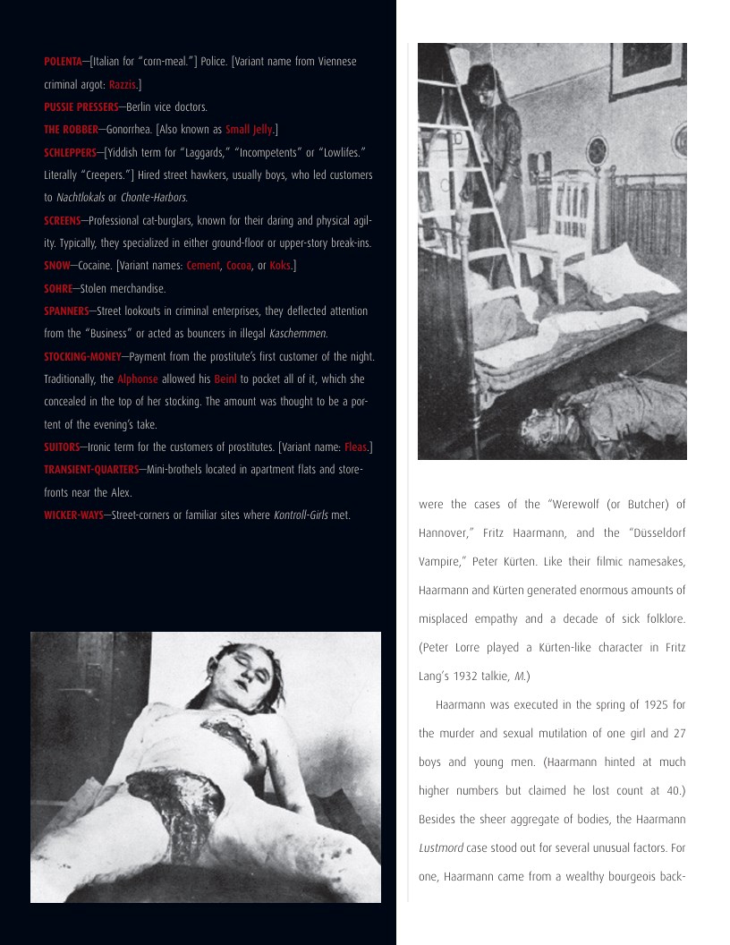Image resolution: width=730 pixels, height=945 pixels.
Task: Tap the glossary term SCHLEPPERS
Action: click(x=71, y=152)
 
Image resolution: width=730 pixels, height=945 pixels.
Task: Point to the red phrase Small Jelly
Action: click(x=249, y=130)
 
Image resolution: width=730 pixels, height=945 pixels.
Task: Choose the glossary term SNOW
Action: click(x=56, y=266)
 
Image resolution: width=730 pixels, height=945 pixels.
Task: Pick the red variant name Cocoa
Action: click(x=238, y=266)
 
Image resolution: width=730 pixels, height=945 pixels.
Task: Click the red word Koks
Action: click(x=280, y=266)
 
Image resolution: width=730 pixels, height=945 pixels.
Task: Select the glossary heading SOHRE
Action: click(x=57, y=289)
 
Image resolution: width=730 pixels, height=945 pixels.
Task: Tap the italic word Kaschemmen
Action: click(x=298, y=334)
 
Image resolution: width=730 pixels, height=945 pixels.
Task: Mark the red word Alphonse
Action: click(x=137, y=379)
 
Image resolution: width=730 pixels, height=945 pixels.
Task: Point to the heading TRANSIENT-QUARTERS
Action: click(x=91, y=470)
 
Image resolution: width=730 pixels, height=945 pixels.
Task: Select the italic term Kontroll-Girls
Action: click(x=301, y=515)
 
